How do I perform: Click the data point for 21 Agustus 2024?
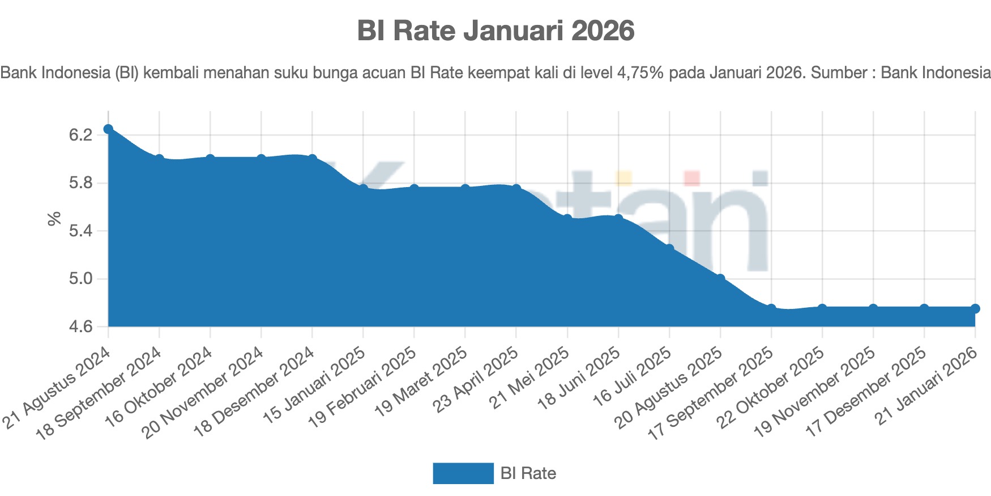click(x=108, y=129)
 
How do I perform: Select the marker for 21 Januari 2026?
click(x=975, y=308)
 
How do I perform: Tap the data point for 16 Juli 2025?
click(x=669, y=249)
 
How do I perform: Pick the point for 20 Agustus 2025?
click(x=720, y=278)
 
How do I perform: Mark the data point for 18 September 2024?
click(x=159, y=159)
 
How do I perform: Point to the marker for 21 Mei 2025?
click(x=567, y=219)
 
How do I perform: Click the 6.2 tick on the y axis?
click(x=80, y=135)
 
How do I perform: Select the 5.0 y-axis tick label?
click(x=80, y=279)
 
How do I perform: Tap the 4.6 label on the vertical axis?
click(x=80, y=327)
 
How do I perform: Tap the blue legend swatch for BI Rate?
click(x=463, y=473)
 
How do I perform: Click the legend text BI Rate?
click(x=528, y=473)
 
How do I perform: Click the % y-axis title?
click(x=54, y=219)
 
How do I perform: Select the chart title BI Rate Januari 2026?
click(x=495, y=31)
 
